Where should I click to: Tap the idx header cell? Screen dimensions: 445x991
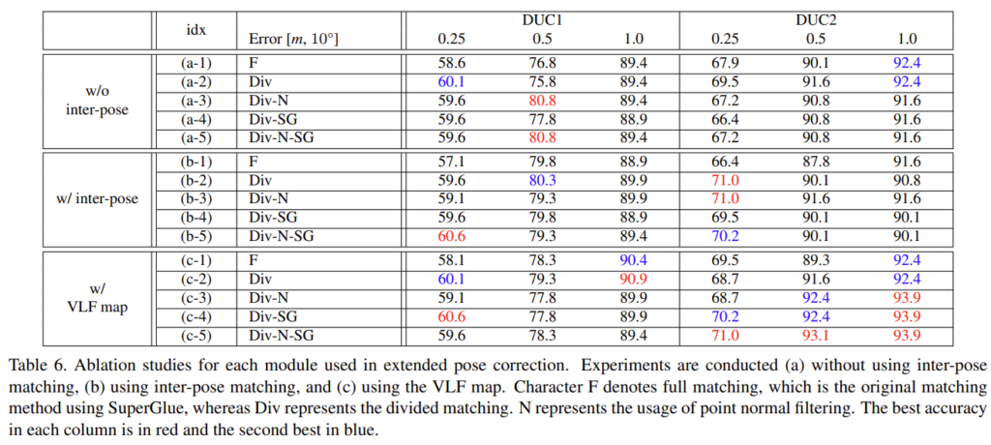[195, 29]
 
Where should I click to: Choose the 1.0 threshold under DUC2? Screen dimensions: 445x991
[907, 39]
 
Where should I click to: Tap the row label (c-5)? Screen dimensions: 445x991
[196, 336]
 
